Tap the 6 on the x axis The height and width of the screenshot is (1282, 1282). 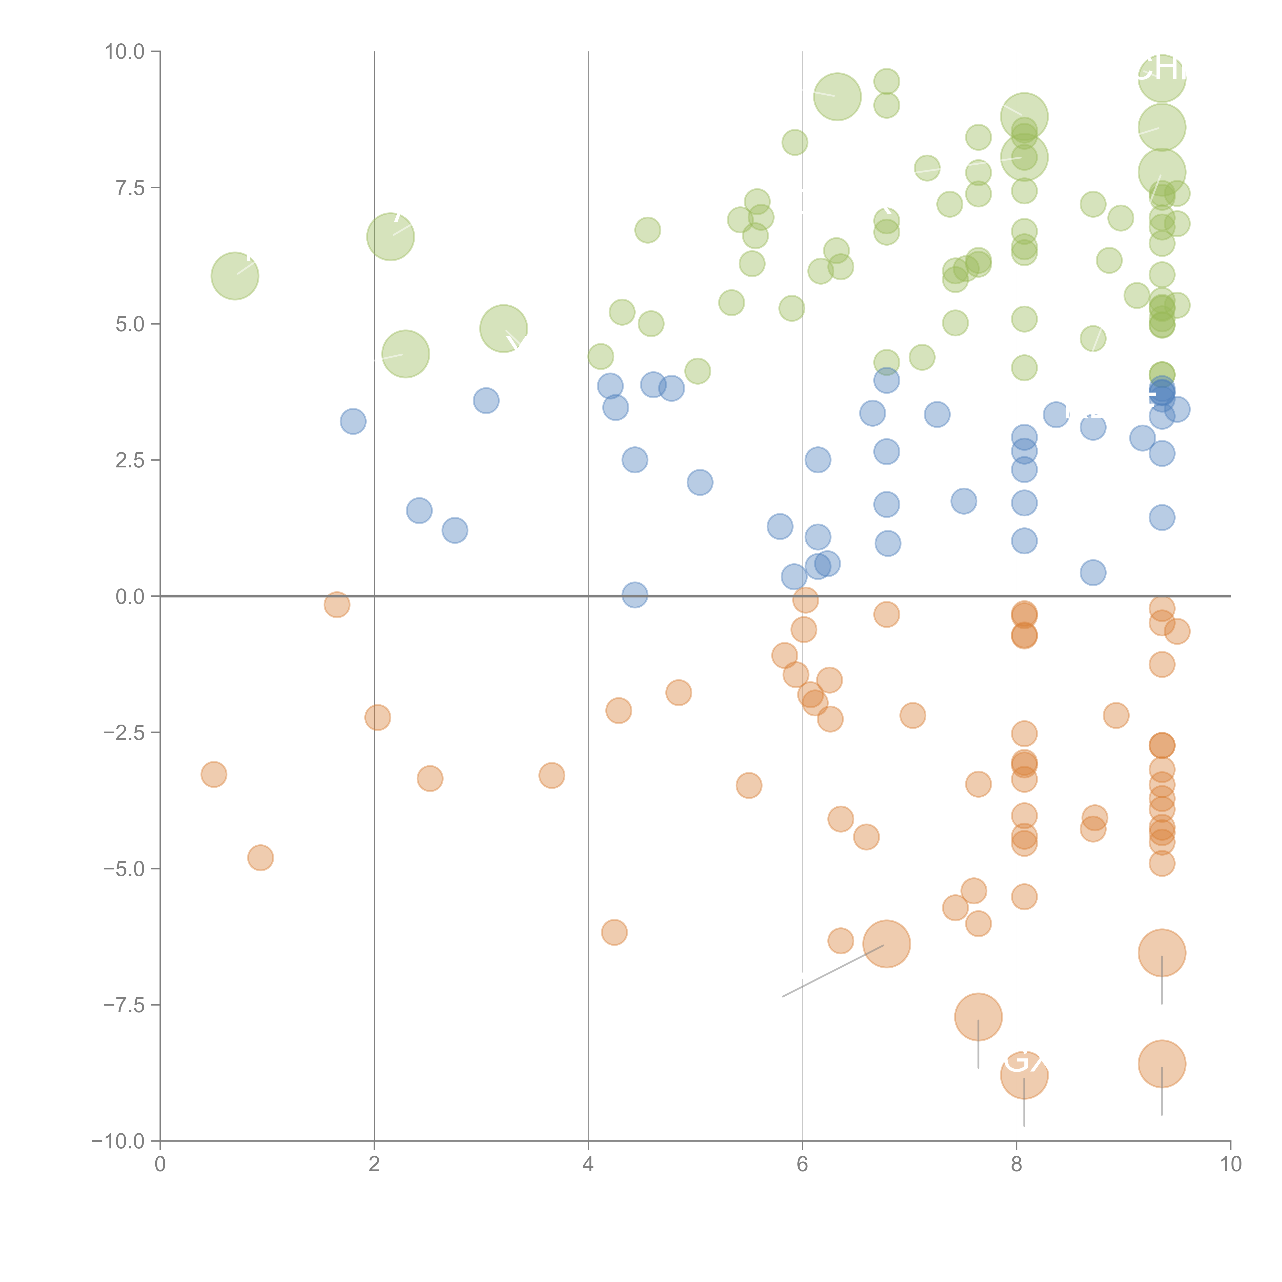(x=802, y=1165)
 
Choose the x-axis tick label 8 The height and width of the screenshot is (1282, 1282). (x=1017, y=1165)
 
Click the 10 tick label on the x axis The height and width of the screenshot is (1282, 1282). (x=1230, y=1165)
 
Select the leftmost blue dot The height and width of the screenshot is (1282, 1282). (x=353, y=421)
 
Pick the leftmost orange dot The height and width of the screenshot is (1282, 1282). (x=214, y=774)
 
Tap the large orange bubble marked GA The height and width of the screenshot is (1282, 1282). (x=1024, y=1076)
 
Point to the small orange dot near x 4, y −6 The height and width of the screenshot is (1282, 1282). (x=614, y=932)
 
